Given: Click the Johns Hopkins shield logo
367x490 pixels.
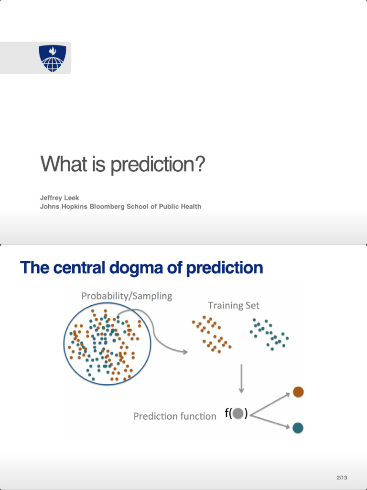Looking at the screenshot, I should click(52, 58).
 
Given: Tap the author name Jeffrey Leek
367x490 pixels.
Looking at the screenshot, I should click(59, 198).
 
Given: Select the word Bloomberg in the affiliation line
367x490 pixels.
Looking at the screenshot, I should click(107, 207).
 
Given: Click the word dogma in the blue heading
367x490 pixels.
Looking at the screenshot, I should click(133, 267).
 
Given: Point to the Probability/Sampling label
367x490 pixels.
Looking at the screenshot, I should click(127, 296).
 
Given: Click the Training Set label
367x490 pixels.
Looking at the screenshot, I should click(234, 305).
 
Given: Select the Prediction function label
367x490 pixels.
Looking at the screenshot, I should click(175, 416).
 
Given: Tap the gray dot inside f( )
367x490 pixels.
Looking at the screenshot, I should click(238, 413).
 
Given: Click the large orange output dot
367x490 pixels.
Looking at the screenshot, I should click(298, 392).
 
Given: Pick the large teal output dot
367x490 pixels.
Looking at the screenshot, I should click(298, 428).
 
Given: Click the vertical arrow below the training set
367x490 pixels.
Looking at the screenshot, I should click(241, 379).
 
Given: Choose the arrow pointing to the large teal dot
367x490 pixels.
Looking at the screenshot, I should click(270, 421).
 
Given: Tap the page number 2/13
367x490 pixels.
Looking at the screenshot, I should click(342, 478).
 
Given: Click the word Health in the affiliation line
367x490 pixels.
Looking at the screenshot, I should click(190, 207).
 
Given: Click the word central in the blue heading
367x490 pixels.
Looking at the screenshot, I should click(78, 267).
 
